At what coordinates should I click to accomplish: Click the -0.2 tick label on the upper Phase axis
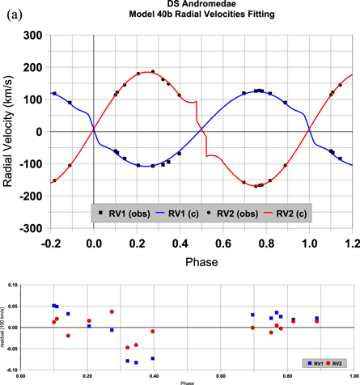click(x=50, y=241)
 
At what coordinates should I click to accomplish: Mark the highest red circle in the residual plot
click(x=112, y=311)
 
